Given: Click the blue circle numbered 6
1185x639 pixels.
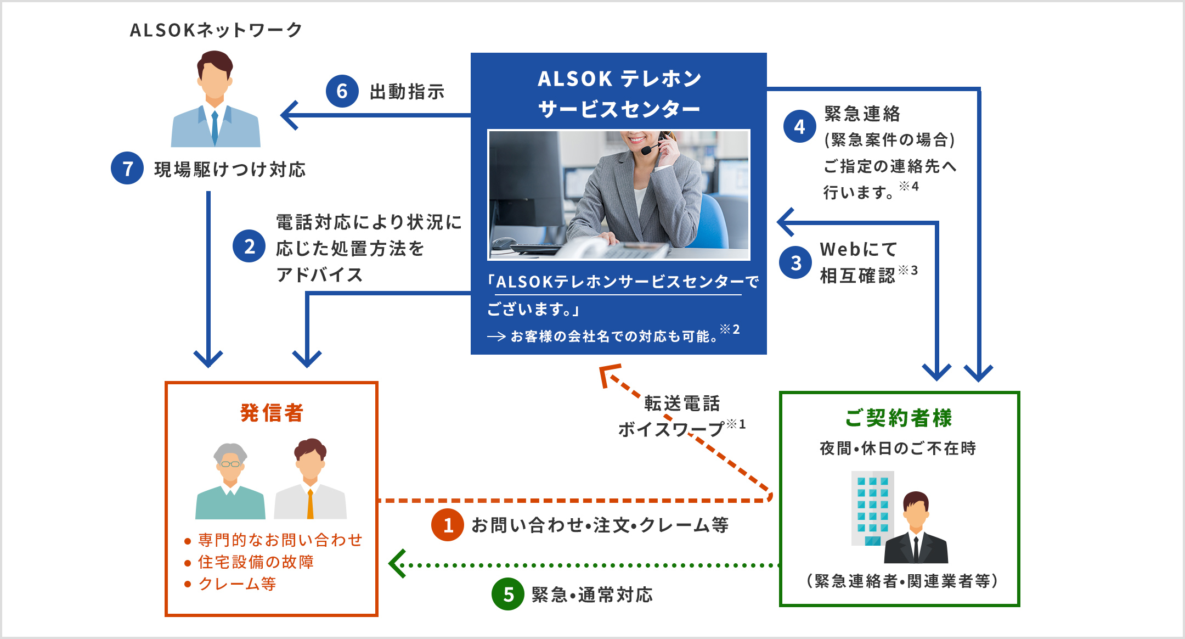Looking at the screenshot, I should pos(342,91).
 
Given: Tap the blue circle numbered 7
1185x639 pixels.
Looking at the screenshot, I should pos(127,169).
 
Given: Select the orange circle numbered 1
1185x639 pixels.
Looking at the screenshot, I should pos(448,525).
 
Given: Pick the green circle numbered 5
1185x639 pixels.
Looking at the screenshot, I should pos(508,594).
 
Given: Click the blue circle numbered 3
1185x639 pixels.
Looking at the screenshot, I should pos(795,263).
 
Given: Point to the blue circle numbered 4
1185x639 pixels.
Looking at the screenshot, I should pos(800,127).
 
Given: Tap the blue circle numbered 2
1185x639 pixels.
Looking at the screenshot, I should pos(249,246).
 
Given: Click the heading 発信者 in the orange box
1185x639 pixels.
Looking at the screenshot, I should pos(272,413).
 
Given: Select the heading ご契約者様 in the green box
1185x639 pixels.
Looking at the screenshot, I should pos(899,418).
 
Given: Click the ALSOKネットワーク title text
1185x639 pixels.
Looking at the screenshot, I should pos(216,30).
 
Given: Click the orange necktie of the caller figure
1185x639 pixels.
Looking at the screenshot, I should pos(310,504).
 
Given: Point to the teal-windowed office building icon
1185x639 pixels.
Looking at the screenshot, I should pos(872,508).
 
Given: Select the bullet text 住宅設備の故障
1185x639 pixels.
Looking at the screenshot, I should pos(256,562).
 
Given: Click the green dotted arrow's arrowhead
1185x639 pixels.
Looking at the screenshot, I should pos(396,564).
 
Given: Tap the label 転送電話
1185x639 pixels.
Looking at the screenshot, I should pos(682,403).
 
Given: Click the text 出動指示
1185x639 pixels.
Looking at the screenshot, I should pos(407,92).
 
